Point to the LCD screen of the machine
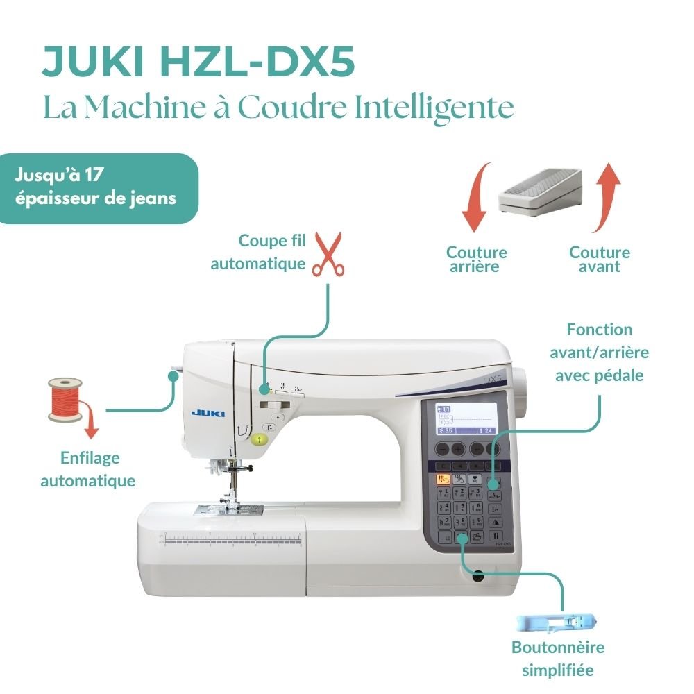point(468,419)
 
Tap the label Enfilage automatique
point(88,469)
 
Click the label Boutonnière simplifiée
point(558,659)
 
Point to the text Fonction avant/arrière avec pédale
point(599,352)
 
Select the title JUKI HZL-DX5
point(198,63)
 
